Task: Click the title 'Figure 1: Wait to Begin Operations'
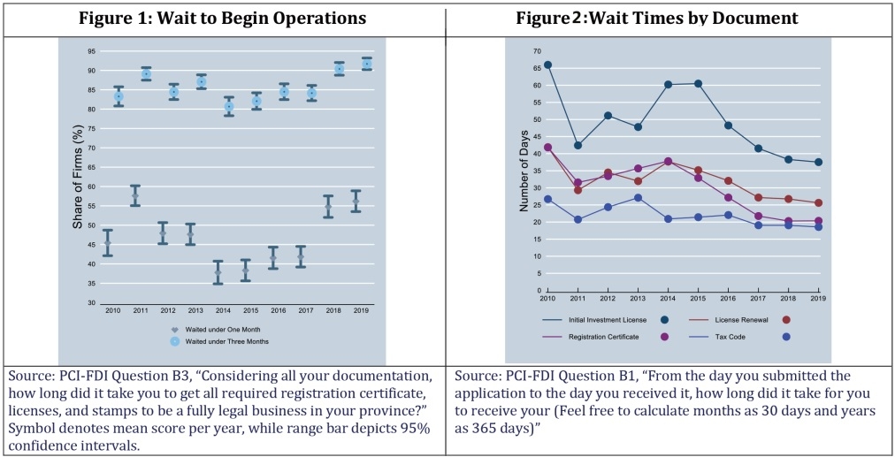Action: [x=223, y=19]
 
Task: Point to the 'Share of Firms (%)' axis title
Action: [x=78, y=178]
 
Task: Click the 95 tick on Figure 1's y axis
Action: [x=92, y=51]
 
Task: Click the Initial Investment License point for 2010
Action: [x=547, y=65]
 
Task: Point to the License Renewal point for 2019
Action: [x=818, y=203]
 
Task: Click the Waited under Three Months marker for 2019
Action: [x=367, y=64]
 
